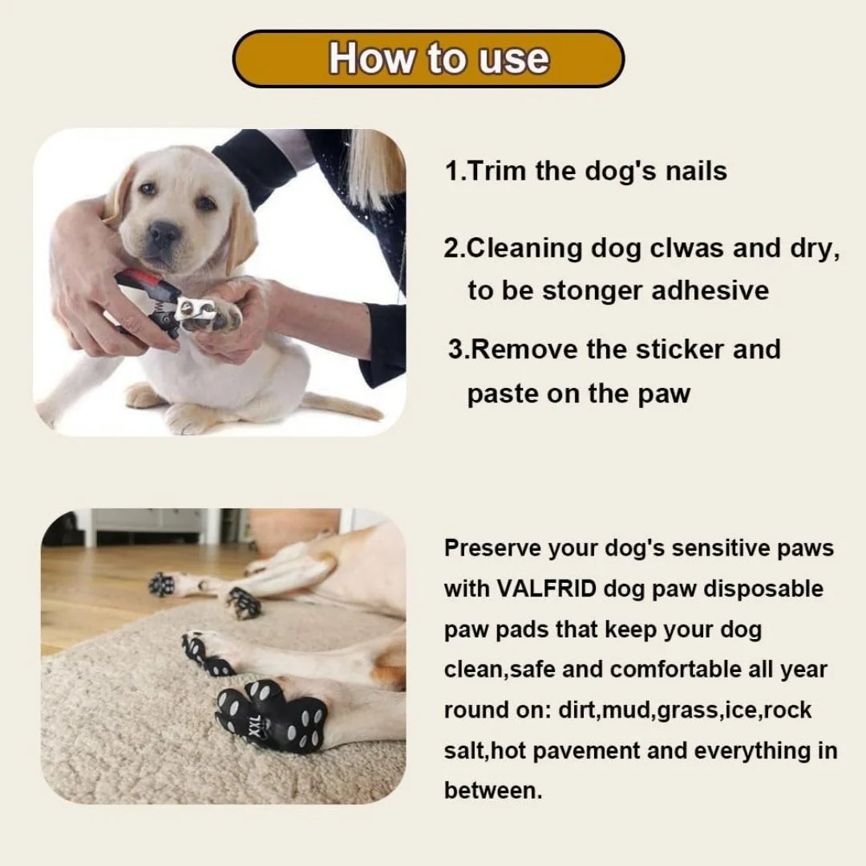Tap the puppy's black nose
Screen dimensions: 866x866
click(164, 235)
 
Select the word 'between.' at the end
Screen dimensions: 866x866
click(493, 791)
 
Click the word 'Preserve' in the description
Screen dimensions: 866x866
click(492, 548)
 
